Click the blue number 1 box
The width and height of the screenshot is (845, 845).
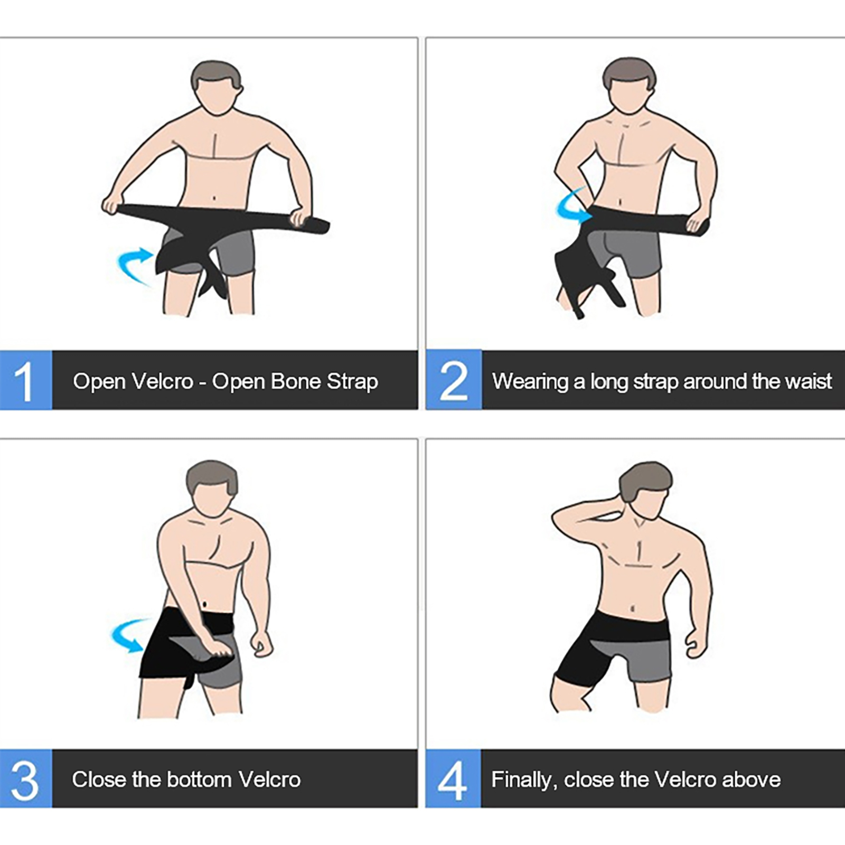point(26,380)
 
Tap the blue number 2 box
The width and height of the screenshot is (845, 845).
point(454,380)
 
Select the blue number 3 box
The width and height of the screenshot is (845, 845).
point(26,778)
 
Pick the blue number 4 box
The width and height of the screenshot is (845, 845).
point(453,778)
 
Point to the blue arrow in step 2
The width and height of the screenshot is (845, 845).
point(569,206)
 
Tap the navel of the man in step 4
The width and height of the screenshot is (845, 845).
point(633,609)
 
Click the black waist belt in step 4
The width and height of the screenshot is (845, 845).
point(631,626)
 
